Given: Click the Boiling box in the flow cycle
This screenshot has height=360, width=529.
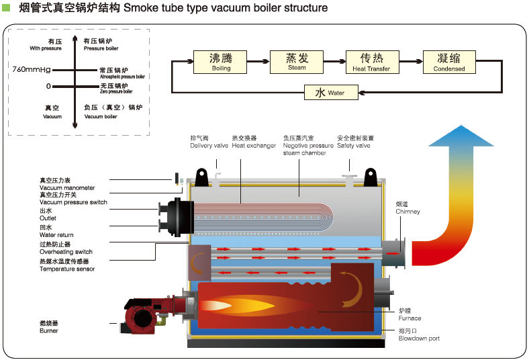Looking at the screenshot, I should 221,62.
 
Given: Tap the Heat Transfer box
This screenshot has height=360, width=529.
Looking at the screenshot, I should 371,62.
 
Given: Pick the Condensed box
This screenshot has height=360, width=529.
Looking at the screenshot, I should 449,62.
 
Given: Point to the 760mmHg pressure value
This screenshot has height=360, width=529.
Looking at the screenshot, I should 32,69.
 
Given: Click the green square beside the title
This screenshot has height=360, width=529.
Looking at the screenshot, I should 7,9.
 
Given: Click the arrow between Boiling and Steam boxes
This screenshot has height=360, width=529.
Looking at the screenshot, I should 259,62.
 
